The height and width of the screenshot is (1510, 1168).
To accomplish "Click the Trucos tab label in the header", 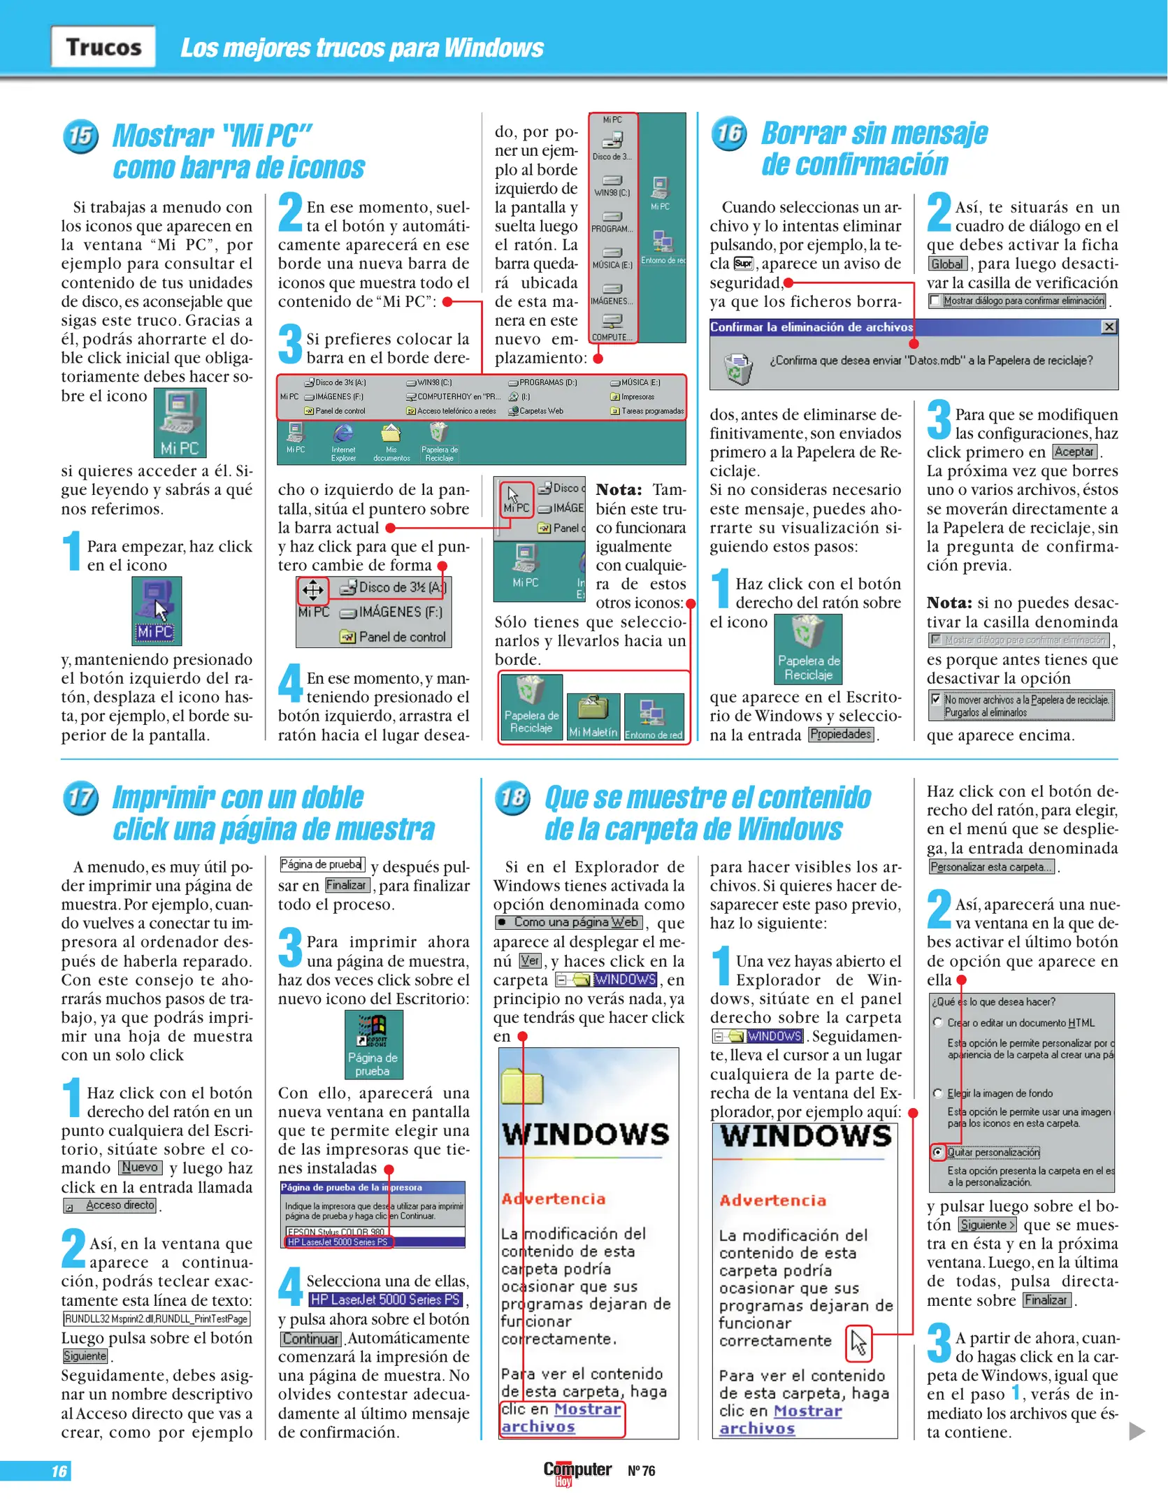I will (103, 47).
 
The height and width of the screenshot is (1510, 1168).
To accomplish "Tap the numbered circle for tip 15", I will (80, 136).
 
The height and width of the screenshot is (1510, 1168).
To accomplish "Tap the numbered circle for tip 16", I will (729, 133).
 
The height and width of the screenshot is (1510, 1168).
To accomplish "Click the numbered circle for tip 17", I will (80, 798).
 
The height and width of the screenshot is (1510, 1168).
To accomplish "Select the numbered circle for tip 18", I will (512, 798).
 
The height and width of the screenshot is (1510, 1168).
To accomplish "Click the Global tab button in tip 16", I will (947, 264).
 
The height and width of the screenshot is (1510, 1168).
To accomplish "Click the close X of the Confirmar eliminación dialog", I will (1109, 327).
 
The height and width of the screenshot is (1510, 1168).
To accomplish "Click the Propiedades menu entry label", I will (841, 735).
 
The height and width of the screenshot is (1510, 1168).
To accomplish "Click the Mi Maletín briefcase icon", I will (593, 714).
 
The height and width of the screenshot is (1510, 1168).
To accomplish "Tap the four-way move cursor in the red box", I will (312, 590).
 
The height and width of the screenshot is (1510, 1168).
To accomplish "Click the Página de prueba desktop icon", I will (373, 1044).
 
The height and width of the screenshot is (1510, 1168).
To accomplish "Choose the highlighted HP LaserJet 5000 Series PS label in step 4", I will (386, 1300).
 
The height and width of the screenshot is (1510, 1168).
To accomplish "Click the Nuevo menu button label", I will (140, 1167).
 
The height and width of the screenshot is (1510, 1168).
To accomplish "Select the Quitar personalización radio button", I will (938, 1151).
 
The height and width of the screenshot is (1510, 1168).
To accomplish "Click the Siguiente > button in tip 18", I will (987, 1225).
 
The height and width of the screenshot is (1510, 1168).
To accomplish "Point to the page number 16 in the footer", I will (59, 1471).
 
